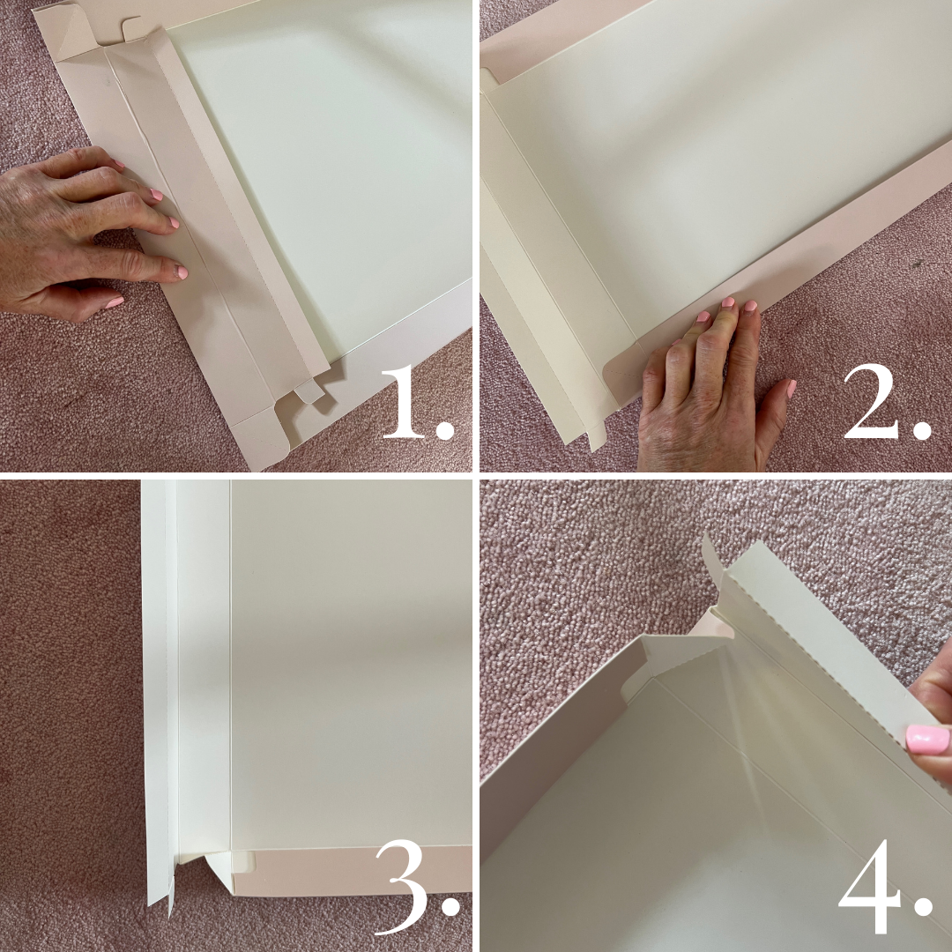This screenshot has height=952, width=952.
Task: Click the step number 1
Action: pyautogui.click(x=404, y=401)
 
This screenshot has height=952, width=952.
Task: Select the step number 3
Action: pyautogui.click(x=403, y=887)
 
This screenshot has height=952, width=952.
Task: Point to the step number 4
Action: pyautogui.click(x=869, y=887)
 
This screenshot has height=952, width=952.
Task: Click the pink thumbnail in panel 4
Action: pyautogui.click(x=927, y=739)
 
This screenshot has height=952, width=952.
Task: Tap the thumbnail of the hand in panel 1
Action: pyautogui.click(x=114, y=301)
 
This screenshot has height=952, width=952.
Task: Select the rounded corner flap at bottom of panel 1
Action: pyautogui.click(x=261, y=437)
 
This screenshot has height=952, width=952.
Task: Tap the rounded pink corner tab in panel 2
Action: pyautogui.click(x=622, y=374)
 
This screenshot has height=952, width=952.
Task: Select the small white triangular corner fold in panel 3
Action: pyautogui.click(x=219, y=869)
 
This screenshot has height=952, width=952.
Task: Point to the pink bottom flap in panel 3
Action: pyautogui.click(x=351, y=871)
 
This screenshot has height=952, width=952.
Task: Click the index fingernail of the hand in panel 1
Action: pyautogui.click(x=157, y=195)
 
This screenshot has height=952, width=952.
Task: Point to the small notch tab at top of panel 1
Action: pyautogui.click(x=134, y=28)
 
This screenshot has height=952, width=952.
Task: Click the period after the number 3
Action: pyautogui.click(x=450, y=906)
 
